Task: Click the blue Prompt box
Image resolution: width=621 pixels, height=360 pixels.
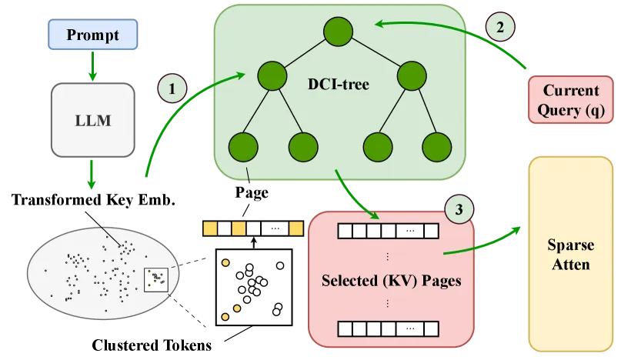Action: coord(92,35)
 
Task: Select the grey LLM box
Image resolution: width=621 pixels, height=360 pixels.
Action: coord(92,120)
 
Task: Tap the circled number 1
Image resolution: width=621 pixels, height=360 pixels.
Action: coord(172,88)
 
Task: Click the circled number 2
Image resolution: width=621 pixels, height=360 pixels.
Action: coord(500,27)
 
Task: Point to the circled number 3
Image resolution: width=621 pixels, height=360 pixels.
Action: coord(459,209)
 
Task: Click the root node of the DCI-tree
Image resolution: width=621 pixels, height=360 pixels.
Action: coord(338,32)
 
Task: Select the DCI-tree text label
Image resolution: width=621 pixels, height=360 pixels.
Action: coord(339,84)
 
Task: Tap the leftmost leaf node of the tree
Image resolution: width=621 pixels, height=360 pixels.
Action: coord(243,148)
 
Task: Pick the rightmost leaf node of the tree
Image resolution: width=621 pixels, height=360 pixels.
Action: coord(436,148)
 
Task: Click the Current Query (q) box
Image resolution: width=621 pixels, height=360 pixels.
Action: coord(571,100)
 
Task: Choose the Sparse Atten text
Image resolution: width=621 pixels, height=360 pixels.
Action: coord(571,255)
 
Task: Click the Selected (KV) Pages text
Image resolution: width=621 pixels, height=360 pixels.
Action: coord(391,281)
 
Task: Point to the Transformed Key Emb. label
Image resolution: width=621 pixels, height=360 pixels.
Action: coord(93,199)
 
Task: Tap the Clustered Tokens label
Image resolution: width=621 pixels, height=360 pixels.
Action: coord(152,345)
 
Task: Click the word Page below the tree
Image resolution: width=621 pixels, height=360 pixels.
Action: coord(252,192)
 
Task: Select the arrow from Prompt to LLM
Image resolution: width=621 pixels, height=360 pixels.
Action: coord(92,66)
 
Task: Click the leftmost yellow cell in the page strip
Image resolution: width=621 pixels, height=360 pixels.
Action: coord(210,228)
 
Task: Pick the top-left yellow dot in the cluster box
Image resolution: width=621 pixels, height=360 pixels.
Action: coord(225,262)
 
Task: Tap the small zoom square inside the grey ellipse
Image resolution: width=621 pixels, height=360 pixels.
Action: coord(156,280)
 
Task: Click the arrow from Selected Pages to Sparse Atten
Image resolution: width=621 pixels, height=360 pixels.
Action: coord(482,245)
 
